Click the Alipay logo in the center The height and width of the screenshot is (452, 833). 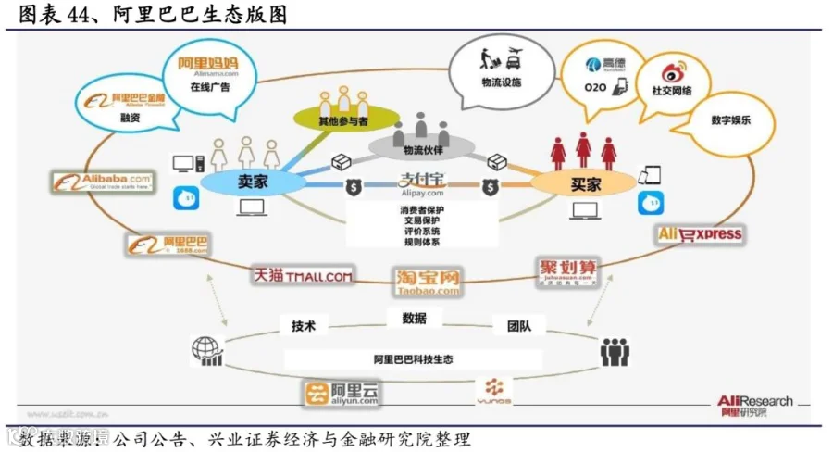(422, 183)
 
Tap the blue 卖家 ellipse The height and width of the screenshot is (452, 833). (247, 182)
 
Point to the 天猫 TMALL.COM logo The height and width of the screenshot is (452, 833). (304, 275)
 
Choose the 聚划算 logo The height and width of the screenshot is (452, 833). (567, 274)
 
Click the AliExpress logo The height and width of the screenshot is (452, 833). (701, 234)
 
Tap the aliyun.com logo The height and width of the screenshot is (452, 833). (342, 394)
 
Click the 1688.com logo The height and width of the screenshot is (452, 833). (168, 245)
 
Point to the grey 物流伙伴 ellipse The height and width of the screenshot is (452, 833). (422, 147)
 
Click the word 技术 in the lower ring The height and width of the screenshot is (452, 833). (304, 326)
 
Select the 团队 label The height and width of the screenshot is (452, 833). (519, 325)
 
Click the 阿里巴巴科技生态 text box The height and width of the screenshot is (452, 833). (413, 358)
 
